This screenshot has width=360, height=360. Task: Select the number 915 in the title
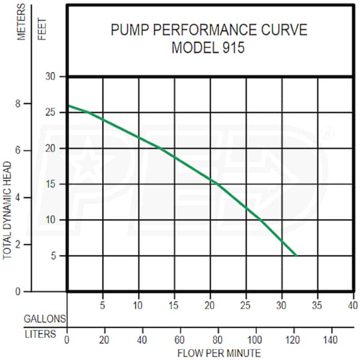[233, 48]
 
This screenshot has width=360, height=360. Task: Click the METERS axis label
[22, 23]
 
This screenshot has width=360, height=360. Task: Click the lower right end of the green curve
[296, 255]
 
